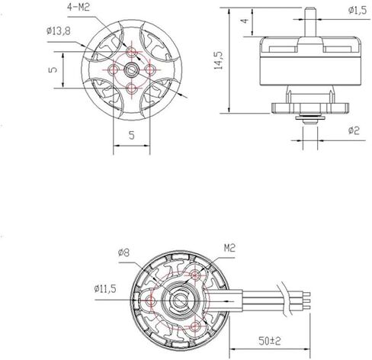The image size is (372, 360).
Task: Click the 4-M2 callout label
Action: pyautogui.click(x=79, y=7)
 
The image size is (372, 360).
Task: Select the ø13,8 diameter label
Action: pyautogui.click(x=59, y=31)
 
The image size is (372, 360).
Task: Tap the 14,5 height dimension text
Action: pyautogui.click(x=218, y=60)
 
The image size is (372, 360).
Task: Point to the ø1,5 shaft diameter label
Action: pyautogui.click(x=358, y=10)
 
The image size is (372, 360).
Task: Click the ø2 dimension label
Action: pyautogui.click(x=354, y=130)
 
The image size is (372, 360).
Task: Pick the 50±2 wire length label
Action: pyautogui.click(x=270, y=341)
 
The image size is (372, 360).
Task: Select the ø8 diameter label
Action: pyautogui.click(x=124, y=252)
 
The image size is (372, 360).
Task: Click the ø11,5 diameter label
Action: pyautogui.click(x=105, y=288)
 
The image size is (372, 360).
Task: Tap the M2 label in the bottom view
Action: pyautogui.click(x=229, y=248)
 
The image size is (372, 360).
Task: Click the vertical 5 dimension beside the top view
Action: pyautogui.click(x=53, y=69)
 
